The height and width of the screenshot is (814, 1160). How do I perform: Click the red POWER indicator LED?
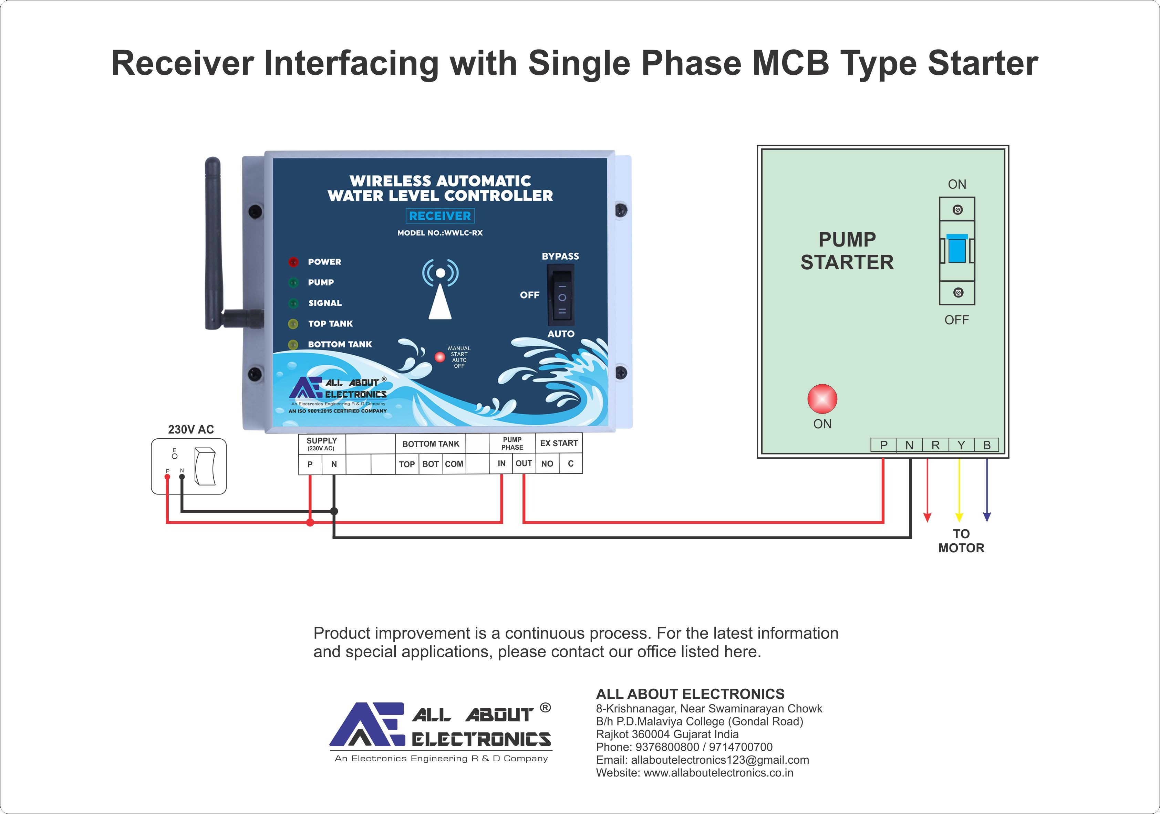point(293,262)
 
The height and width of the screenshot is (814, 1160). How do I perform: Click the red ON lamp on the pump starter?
point(822,398)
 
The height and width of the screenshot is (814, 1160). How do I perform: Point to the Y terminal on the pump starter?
point(961,445)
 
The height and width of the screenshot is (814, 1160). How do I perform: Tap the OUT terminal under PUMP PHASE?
point(524,463)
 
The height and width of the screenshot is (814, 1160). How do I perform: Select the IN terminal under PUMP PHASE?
point(501,463)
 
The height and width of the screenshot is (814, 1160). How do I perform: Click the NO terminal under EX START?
point(547,463)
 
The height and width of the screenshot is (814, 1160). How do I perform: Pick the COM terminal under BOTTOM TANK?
point(454,463)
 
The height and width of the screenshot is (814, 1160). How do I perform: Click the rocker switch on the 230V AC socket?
point(205,466)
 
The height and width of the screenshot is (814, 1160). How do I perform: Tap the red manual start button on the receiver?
point(440,357)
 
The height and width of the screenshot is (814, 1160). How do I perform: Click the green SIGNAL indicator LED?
point(293,303)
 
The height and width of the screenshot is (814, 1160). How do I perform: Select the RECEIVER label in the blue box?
point(439,216)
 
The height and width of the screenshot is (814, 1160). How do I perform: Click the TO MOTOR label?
point(961,541)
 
